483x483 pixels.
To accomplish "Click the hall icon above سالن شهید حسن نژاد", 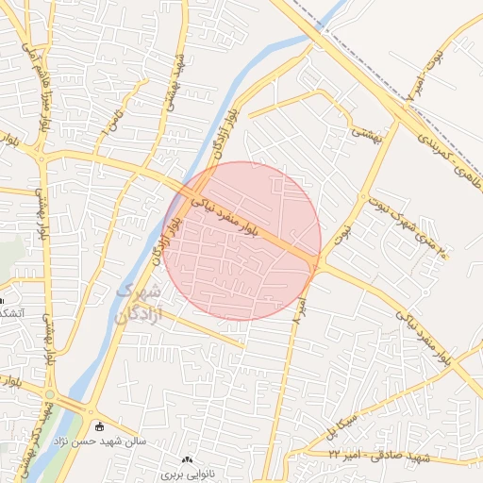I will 101,425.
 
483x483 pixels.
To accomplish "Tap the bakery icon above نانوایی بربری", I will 187,459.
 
